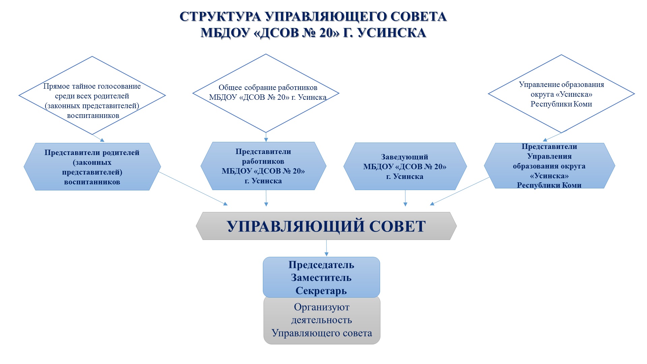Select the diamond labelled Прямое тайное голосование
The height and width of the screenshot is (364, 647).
[x=92, y=95]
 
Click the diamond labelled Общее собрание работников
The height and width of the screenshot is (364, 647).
[x=266, y=93]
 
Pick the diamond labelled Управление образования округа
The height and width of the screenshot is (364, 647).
[x=561, y=94]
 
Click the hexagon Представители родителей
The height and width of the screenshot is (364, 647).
[x=92, y=167]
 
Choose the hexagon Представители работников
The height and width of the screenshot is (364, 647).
[x=263, y=166]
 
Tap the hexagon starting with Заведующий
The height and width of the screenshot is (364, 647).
[x=405, y=166]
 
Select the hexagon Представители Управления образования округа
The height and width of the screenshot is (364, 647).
[x=549, y=165]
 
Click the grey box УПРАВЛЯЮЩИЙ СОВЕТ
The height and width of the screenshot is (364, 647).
[x=326, y=226]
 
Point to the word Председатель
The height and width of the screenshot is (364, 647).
[x=321, y=265]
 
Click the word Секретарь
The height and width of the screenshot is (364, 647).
[x=321, y=291]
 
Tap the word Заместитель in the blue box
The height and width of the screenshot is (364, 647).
[x=321, y=278]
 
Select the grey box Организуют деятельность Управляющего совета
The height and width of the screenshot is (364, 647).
[x=322, y=320]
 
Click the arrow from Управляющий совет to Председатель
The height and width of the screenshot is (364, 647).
[x=326, y=248]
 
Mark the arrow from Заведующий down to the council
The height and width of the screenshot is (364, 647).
[x=405, y=198]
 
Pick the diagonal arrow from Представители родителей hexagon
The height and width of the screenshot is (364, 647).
[x=193, y=188]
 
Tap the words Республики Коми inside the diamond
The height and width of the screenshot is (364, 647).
[x=561, y=104]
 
